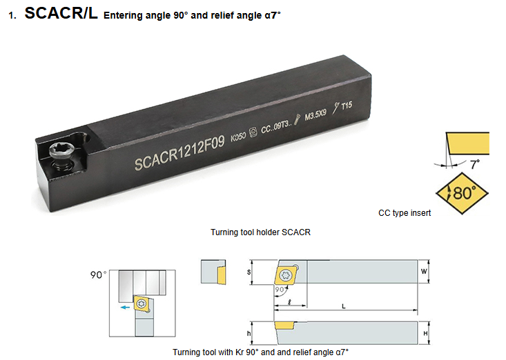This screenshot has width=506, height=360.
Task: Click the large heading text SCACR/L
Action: pos(61,14)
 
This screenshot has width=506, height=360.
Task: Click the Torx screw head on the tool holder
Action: pos(61,152)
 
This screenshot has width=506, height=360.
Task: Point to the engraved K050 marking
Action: pos(238,137)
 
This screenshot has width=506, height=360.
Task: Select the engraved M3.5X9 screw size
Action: pos(315,114)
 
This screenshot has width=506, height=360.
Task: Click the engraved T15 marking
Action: pos(347,106)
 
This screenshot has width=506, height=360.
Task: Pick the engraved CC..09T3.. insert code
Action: pos(276,127)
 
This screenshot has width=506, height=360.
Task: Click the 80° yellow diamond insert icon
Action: pos(462,193)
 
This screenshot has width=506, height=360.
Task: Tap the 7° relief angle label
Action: pos(475,164)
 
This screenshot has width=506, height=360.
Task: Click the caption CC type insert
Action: pos(405,213)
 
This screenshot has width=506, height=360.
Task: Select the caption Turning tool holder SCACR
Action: pos(260,232)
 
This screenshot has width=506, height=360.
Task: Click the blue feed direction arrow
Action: pos(125,308)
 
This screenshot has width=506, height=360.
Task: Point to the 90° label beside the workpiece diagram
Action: pos(99,275)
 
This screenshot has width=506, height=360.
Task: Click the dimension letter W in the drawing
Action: pos(424,271)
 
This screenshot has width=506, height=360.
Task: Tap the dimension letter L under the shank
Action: pos(344,306)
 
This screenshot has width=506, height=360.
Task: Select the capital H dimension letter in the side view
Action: pos(425,333)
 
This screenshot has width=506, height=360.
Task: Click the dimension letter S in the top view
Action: pos(249,272)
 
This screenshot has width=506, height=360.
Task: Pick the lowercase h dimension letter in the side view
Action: pos(249,333)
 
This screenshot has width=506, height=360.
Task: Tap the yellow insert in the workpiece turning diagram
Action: pos(142,303)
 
